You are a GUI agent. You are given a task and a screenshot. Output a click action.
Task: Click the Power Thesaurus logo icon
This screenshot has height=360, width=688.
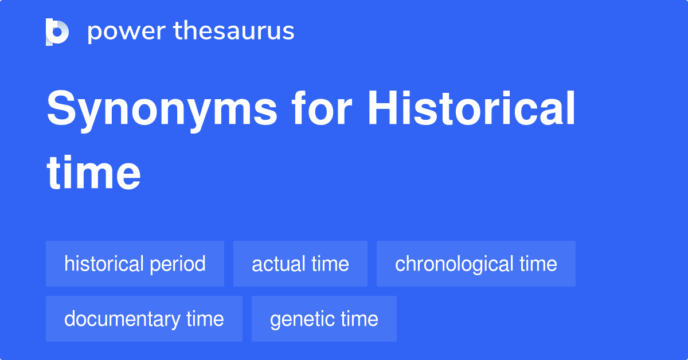coord(57,32)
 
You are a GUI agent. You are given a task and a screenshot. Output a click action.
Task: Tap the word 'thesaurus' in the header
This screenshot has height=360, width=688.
coord(234,32)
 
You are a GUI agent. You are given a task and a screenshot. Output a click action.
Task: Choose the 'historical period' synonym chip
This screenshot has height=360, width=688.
coord(135,264)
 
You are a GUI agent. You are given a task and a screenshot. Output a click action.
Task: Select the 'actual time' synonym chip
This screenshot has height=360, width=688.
coord(300,264)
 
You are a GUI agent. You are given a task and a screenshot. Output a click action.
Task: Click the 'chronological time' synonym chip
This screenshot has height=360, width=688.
coord(476,264)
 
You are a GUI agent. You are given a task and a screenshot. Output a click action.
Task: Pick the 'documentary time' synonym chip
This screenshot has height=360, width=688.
coord(144,319)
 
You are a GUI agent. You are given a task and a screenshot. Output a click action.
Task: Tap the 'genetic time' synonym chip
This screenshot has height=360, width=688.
coord(324,319)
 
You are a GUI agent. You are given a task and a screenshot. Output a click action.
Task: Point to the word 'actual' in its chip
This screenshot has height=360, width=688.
coord(278,264)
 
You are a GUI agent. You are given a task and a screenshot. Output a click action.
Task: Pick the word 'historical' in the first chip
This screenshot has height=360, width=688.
coord(104,264)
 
